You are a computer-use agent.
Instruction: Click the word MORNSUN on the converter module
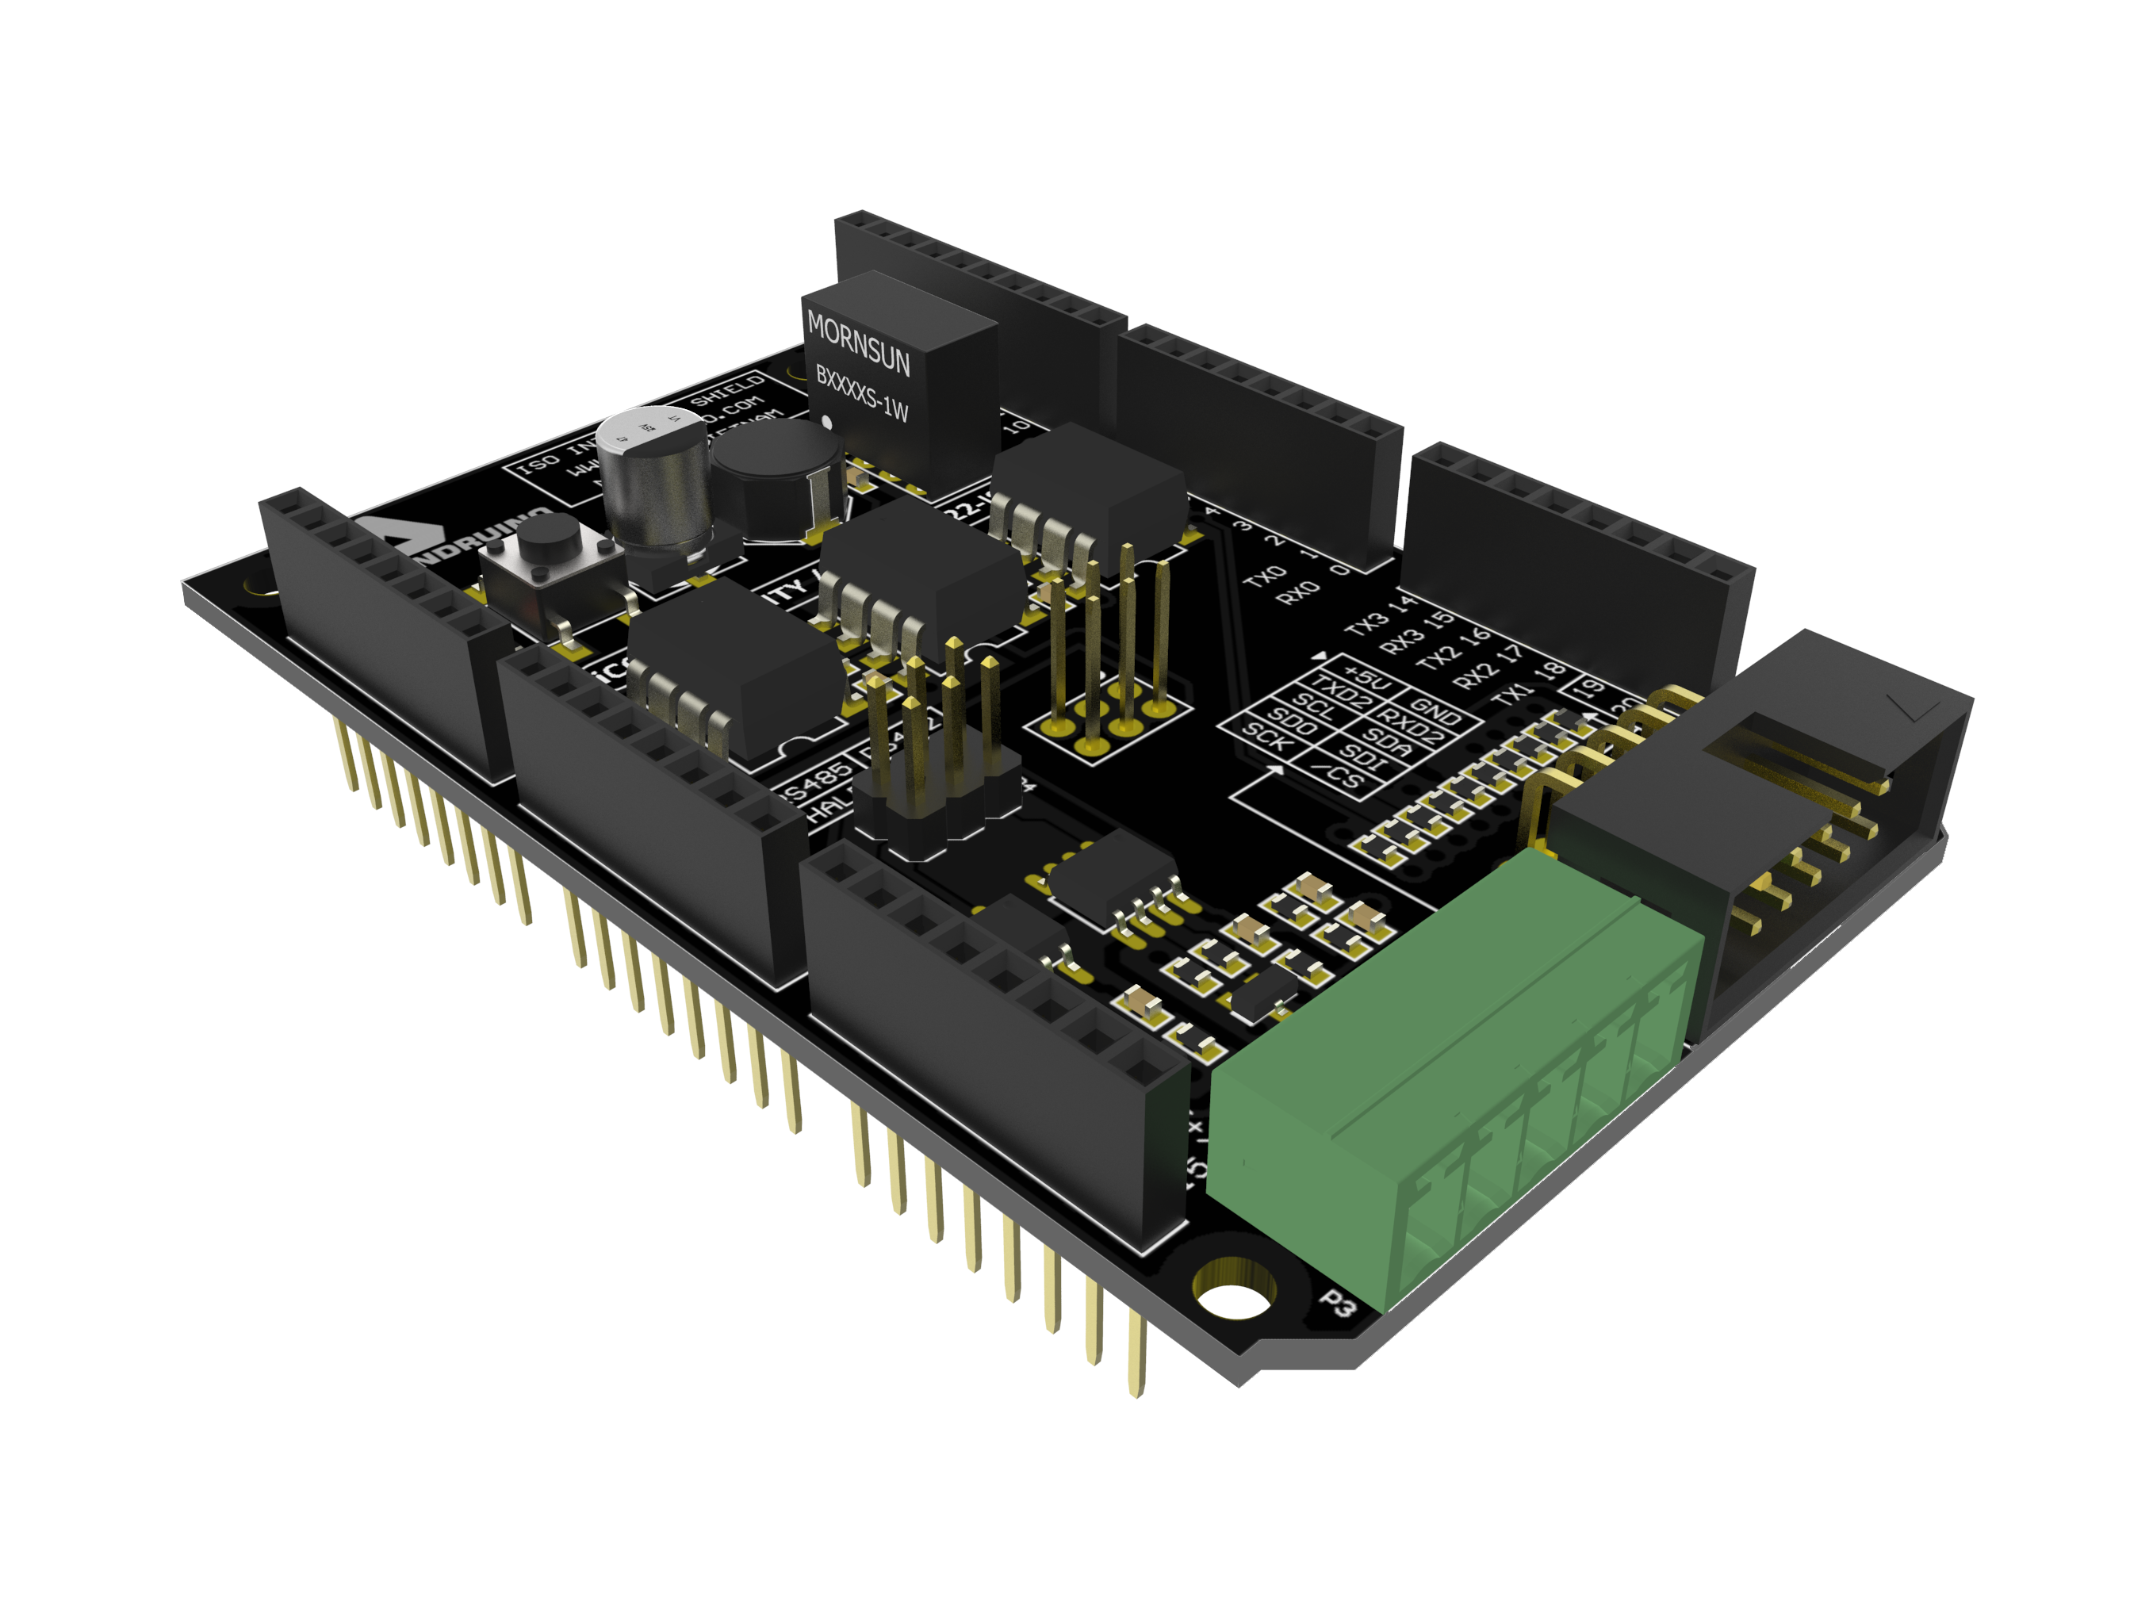coord(858,343)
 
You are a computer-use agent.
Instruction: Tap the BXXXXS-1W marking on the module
coord(862,392)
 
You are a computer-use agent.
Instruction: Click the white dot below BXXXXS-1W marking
coord(826,422)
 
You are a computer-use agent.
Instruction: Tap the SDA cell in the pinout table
coord(1388,742)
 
